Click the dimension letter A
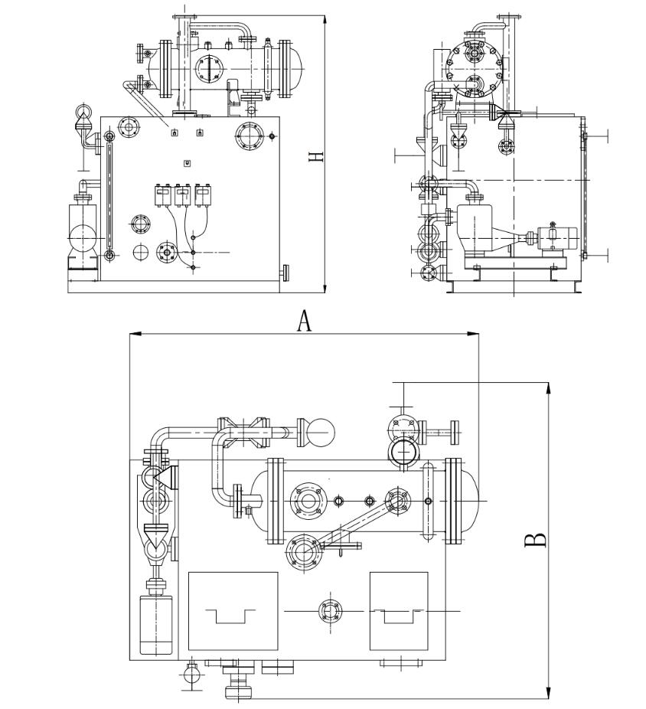tap(305, 322)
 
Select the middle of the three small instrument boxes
tap(182, 195)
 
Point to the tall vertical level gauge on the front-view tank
tap(109, 196)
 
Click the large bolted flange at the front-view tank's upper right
tap(248, 136)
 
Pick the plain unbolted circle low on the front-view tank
tap(140, 252)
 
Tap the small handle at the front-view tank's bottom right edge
tap(285, 272)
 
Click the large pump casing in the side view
tap(476, 229)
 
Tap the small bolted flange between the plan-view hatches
tap(330, 611)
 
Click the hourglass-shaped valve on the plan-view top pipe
tap(244, 433)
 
